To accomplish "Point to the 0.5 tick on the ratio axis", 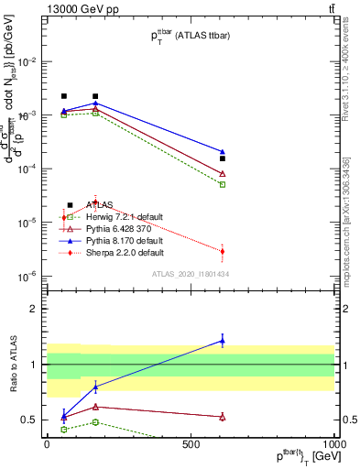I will pos(29,420).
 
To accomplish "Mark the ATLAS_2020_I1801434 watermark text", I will pos(190,274).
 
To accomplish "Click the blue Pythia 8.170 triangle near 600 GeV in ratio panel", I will pos(223,341).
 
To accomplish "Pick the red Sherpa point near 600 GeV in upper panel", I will pos(223,251).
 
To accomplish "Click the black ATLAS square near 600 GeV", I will pos(223,158).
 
